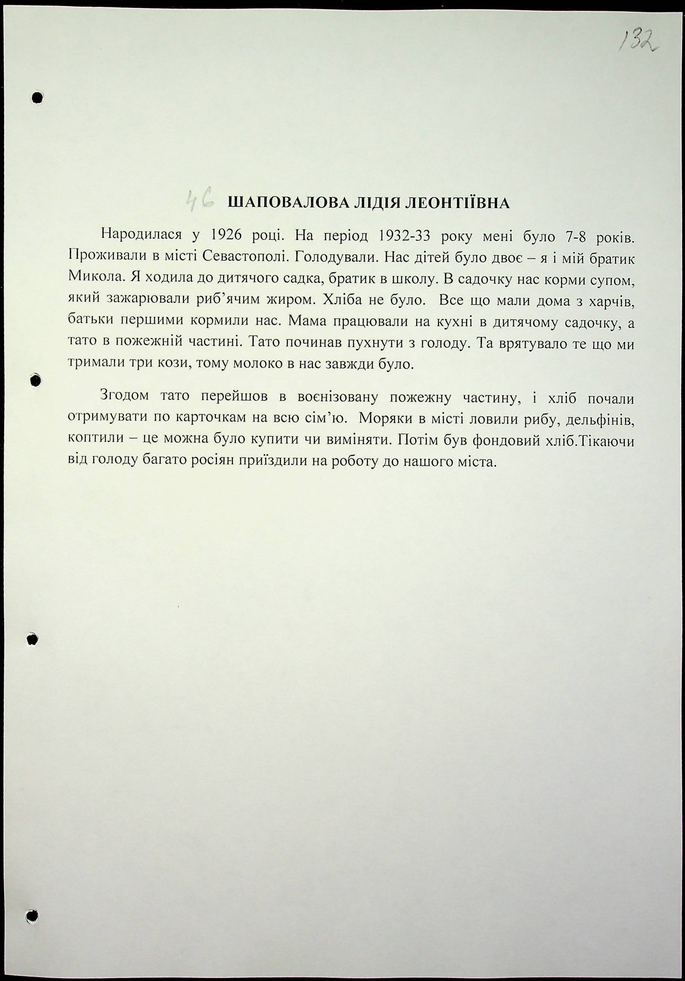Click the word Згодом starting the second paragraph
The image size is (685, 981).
tap(124, 395)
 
